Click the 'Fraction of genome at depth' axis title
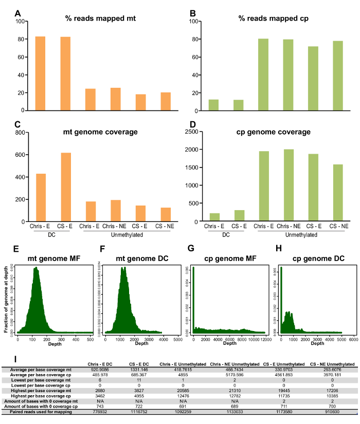coord(6,298)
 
